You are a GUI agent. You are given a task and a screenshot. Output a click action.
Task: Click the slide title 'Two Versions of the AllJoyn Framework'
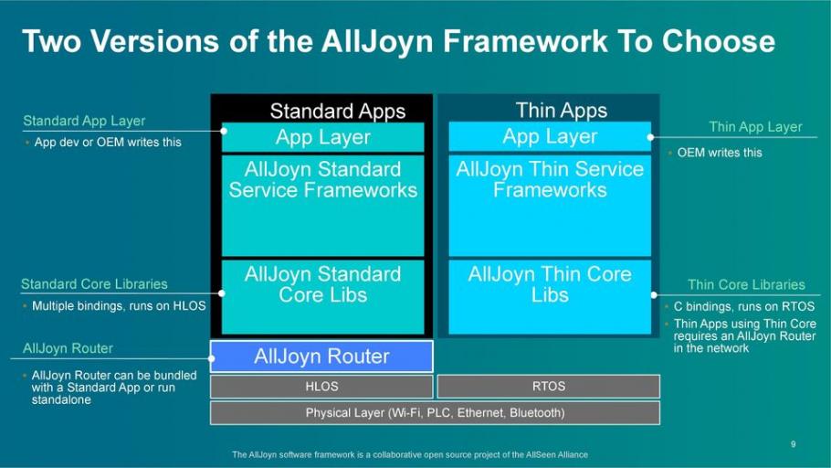[x=398, y=41]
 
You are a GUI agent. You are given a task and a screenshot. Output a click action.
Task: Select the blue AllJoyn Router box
[x=321, y=356]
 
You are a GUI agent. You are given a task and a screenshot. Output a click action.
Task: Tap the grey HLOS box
[x=321, y=387]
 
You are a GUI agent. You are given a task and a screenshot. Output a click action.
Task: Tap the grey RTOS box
[x=548, y=387]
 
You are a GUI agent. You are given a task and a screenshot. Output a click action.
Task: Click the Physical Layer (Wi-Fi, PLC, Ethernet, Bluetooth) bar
[x=435, y=413]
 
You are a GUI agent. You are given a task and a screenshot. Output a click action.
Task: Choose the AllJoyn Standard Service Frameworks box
[x=322, y=206]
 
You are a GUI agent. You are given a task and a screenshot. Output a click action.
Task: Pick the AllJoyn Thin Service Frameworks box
[x=550, y=206]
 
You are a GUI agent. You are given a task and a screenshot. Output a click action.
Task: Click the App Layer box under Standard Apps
[x=322, y=137]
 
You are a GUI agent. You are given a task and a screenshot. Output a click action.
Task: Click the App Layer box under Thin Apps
[x=550, y=137]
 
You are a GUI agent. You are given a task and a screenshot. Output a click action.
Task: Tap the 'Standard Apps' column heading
[x=337, y=112]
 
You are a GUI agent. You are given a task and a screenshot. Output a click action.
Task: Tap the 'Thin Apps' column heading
[x=561, y=111]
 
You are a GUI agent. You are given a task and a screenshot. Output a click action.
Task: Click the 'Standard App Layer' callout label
[x=84, y=121]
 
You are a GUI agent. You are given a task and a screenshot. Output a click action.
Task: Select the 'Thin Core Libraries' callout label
[x=746, y=285]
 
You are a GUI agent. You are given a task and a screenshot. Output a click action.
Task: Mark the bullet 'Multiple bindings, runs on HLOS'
[x=118, y=306]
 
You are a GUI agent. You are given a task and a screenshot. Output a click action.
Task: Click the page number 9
[x=793, y=444]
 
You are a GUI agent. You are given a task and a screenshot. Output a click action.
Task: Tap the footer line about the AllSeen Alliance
[x=410, y=454]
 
